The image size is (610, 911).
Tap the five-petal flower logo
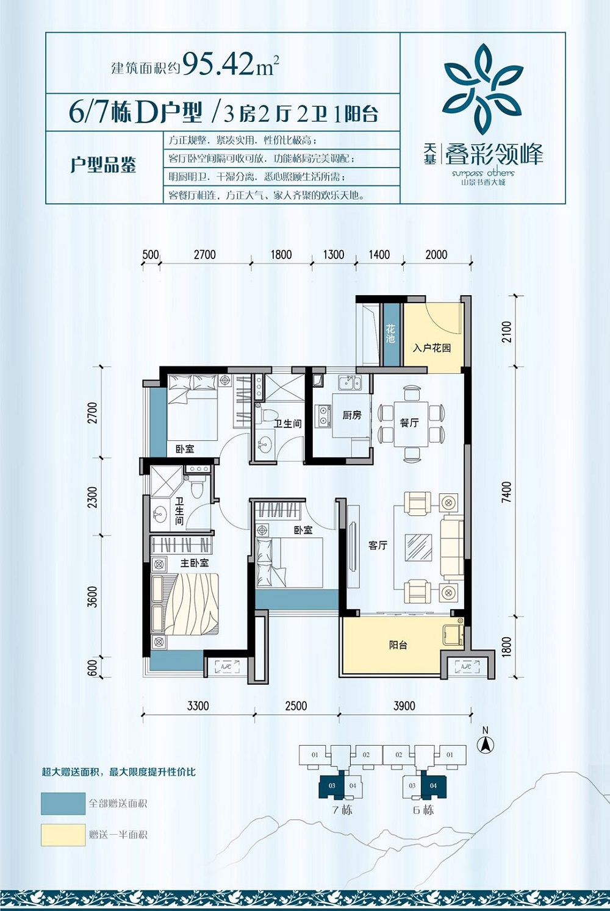coord(483,89)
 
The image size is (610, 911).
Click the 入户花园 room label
coord(432,348)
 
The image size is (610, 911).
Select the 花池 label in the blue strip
coord(390,334)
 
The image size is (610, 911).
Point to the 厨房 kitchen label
coord(352,415)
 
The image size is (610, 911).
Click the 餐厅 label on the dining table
coord(409,423)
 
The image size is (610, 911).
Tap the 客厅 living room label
coord(378,545)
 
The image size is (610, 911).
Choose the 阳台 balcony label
coord(398,645)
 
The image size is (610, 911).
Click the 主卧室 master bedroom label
coord(195,563)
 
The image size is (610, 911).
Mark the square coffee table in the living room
coord(418,547)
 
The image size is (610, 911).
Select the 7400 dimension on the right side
coord(506,492)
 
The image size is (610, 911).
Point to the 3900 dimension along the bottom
coord(404,706)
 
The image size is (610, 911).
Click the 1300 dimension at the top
coord(333,255)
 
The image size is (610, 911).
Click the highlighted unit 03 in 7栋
coord(331,785)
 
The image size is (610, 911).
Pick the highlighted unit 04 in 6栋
coord(434,785)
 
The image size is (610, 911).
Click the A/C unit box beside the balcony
coord(467,666)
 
